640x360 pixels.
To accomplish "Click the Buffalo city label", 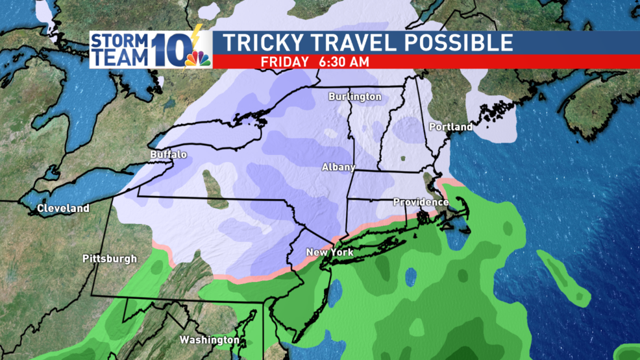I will pos(168,155).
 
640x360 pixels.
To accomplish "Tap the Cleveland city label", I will pos(63,209).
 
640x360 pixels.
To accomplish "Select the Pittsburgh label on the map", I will pos(110,259).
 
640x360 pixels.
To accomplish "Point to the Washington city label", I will pos(210,340).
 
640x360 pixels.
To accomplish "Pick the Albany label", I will pos(339,167).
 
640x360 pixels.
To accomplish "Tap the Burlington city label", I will pos(354,97).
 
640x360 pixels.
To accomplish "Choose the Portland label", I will pos(450,127).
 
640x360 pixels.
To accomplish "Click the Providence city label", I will pos(421,202).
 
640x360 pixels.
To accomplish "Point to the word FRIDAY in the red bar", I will pos(284,62).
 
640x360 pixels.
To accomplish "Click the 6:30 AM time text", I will pos(344,62).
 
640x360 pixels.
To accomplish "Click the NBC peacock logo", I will pos(198,58).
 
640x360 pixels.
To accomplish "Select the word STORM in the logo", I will pos(120,41).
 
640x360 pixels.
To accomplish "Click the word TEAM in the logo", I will pos(120,57).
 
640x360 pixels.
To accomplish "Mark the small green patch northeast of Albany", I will pos(402,158).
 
